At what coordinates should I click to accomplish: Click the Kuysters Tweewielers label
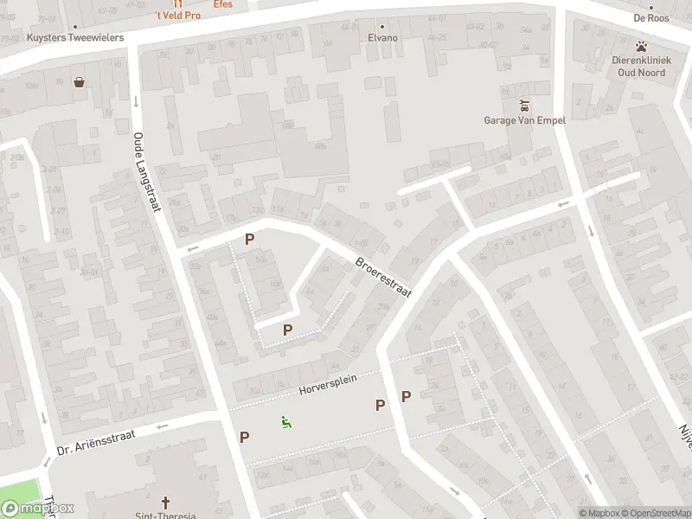click(75, 38)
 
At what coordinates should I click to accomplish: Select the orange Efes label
click(223, 4)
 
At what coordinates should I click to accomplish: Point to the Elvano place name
click(382, 38)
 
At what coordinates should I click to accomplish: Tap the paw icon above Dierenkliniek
click(641, 46)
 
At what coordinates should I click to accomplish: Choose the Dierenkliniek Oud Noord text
click(638, 67)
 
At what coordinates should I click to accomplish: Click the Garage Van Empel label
click(524, 120)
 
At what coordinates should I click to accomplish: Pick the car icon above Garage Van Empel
click(524, 106)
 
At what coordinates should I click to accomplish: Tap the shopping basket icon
click(80, 83)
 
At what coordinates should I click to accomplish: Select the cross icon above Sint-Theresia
click(166, 502)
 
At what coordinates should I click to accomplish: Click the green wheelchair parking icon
click(285, 422)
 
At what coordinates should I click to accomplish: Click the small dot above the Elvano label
click(382, 26)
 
